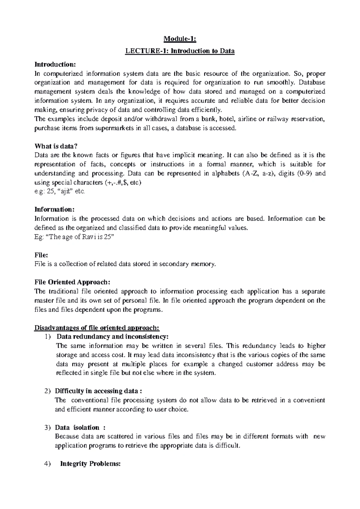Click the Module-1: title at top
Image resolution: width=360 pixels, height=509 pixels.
(x=180, y=39)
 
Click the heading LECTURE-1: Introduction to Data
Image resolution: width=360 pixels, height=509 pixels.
(x=180, y=51)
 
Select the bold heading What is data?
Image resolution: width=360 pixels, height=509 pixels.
(x=56, y=146)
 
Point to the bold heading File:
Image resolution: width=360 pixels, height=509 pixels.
(x=41, y=255)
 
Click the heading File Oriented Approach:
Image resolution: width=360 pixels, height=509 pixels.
(x=72, y=282)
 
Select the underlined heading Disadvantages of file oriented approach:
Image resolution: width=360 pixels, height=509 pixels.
(x=97, y=327)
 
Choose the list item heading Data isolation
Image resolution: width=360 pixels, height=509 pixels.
(x=77, y=427)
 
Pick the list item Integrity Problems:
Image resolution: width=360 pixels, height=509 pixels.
(x=90, y=464)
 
